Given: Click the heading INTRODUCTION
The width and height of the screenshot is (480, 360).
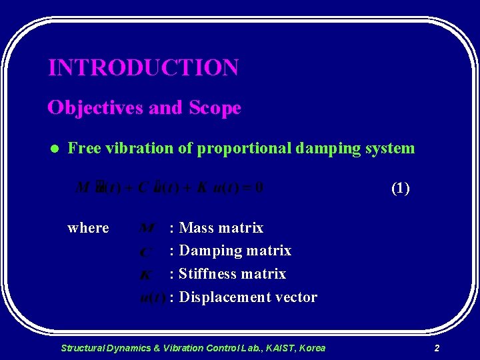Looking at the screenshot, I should pos(143,67).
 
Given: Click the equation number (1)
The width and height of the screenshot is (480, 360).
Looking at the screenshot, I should pos(400,188).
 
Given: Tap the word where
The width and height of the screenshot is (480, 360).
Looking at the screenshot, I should pos(88,228).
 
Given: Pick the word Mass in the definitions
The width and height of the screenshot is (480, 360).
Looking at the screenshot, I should pos(197,228).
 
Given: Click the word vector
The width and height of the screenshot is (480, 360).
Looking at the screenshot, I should pos(294,297).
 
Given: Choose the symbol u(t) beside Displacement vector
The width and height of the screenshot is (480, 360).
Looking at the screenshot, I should pos(153,298).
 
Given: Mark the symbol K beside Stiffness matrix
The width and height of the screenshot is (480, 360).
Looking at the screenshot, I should pos(146,275).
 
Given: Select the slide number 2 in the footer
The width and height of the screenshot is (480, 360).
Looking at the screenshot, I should pos(437,348).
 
